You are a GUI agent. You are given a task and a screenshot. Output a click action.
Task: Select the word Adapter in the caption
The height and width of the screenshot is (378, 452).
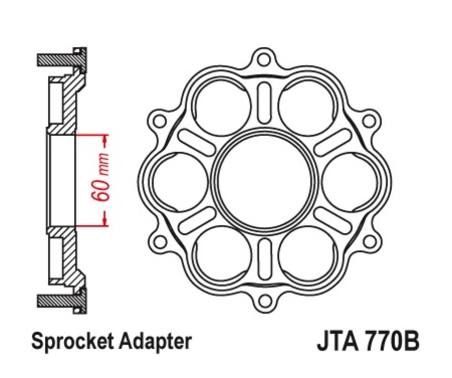pyautogui.click(x=156, y=341)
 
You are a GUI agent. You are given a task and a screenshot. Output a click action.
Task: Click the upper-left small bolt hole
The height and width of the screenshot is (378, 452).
pyautogui.click(x=160, y=121)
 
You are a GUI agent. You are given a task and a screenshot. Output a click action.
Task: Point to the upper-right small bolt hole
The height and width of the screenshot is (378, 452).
pyautogui.click(x=369, y=121)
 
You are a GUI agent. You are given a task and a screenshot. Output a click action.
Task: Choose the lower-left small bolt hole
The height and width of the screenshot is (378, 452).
pyautogui.click(x=160, y=241)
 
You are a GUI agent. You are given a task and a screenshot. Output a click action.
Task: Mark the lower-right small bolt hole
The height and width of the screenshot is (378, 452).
pyautogui.click(x=369, y=241)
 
